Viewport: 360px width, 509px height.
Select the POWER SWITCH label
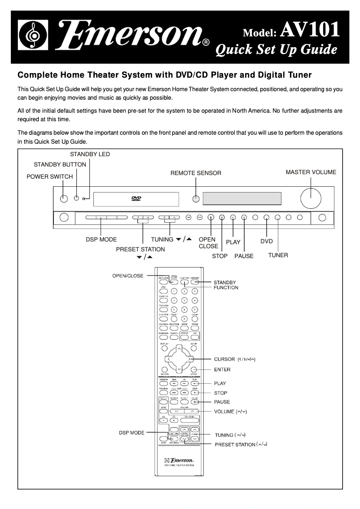[49, 176]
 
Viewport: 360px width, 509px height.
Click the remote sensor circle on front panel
[196, 199]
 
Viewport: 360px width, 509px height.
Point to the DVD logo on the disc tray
[136, 198]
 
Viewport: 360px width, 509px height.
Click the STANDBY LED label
[90, 154]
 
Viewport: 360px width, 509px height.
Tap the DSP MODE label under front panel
[101, 239]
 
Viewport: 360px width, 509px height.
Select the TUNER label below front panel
[278, 255]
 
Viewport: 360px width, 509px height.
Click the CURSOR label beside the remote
[224, 359]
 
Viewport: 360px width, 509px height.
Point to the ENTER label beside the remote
[222, 369]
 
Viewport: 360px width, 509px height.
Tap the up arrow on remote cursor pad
[179, 348]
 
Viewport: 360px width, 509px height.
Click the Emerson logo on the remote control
[179, 461]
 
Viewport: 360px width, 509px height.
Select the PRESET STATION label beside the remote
[235, 444]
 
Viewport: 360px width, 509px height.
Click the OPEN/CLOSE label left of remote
[128, 276]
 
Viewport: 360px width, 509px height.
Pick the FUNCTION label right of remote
[226, 287]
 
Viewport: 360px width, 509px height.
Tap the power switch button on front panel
[64, 198]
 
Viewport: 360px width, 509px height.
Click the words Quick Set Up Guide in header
[276, 49]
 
